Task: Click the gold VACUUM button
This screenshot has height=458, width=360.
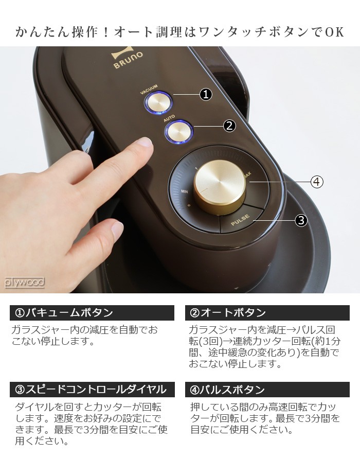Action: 158,102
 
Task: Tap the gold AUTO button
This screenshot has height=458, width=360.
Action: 179,132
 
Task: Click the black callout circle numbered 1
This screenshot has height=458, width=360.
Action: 206,94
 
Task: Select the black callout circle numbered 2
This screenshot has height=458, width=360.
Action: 229,126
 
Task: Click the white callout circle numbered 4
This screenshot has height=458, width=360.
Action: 317,182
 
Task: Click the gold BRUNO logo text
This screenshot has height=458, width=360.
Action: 128,60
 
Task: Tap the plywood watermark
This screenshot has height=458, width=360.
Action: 25,283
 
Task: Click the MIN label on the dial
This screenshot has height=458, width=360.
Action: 184,191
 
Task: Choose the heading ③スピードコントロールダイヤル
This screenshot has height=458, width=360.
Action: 91,390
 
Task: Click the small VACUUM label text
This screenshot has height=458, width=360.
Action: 149,90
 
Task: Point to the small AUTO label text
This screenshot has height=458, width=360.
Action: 169,118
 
